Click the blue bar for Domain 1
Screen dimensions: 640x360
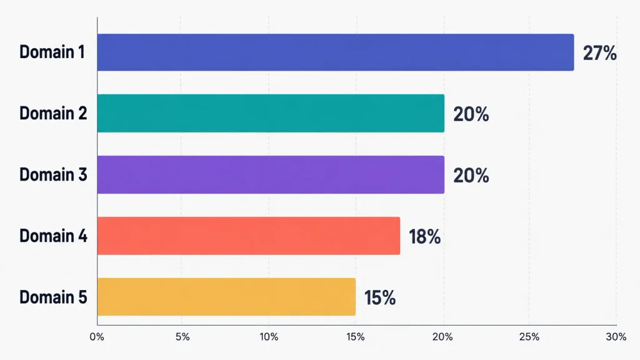tap(336, 52)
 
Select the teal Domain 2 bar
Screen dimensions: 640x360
tap(271, 113)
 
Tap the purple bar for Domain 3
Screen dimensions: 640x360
tap(271, 175)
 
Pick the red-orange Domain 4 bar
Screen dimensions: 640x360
tap(249, 236)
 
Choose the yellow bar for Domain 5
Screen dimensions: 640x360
tap(226, 297)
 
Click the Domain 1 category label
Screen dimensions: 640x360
tap(52, 52)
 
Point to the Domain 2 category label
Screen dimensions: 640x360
tap(53, 113)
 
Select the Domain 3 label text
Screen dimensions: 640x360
tap(53, 175)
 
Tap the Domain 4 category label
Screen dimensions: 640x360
tap(53, 236)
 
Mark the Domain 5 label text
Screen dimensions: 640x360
tap(53, 297)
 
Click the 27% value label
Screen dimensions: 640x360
tap(599, 53)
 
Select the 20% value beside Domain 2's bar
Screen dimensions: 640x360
tap(471, 114)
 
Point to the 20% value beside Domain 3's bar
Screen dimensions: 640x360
tap(471, 176)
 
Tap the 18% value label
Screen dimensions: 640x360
tap(425, 237)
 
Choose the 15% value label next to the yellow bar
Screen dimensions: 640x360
tap(380, 298)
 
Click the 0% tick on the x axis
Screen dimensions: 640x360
tap(97, 337)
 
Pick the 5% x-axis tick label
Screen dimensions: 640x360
tap(182, 337)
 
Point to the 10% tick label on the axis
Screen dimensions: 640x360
tap(269, 337)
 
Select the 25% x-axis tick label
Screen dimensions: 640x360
tap(529, 337)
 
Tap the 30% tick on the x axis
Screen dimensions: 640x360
tap(616, 337)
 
